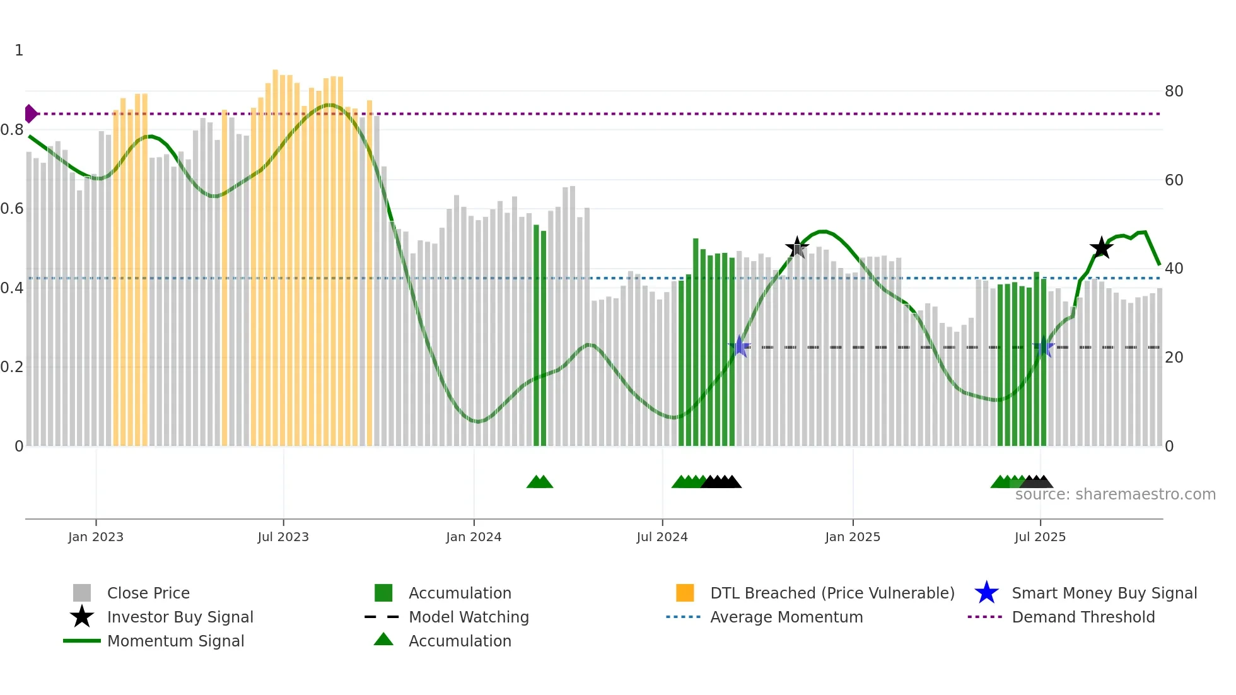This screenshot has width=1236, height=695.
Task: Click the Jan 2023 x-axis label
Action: tap(96, 537)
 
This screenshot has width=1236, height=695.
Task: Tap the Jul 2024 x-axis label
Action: tap(662, 537)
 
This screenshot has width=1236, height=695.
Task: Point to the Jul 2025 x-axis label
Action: tap(1040, 537)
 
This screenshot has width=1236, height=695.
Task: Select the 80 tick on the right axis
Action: tap(1174, 91)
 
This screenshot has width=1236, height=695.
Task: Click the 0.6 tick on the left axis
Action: tap(12, 209)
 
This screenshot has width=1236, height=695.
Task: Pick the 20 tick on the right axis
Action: tap(1174, 358)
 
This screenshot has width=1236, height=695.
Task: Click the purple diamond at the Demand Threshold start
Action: tap(30, 114)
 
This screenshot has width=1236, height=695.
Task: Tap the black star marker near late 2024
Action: tap(797, 248)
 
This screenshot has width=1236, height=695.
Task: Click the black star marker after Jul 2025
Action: tap(1102, 248)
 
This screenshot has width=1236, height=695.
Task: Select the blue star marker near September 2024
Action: tap(740, 347)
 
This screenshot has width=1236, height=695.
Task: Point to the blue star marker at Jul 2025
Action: tap(1044, 347)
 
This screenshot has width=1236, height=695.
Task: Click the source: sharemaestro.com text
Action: tap(1115, 494)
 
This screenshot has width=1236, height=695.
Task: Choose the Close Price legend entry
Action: tap(148, 593)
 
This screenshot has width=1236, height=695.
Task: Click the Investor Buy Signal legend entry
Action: tap(180, 617)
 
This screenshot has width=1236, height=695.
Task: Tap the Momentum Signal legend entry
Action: tap(175, 641)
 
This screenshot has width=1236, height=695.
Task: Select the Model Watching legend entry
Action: tap(469, 617)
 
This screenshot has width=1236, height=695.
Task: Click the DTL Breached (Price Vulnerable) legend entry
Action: tap(832, 593)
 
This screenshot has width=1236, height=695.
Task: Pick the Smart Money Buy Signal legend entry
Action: tap(1104, 593)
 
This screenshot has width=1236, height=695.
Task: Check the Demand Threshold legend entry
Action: tap(1083, 617)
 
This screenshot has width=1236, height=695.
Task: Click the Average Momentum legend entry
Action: tap(786, 617)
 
